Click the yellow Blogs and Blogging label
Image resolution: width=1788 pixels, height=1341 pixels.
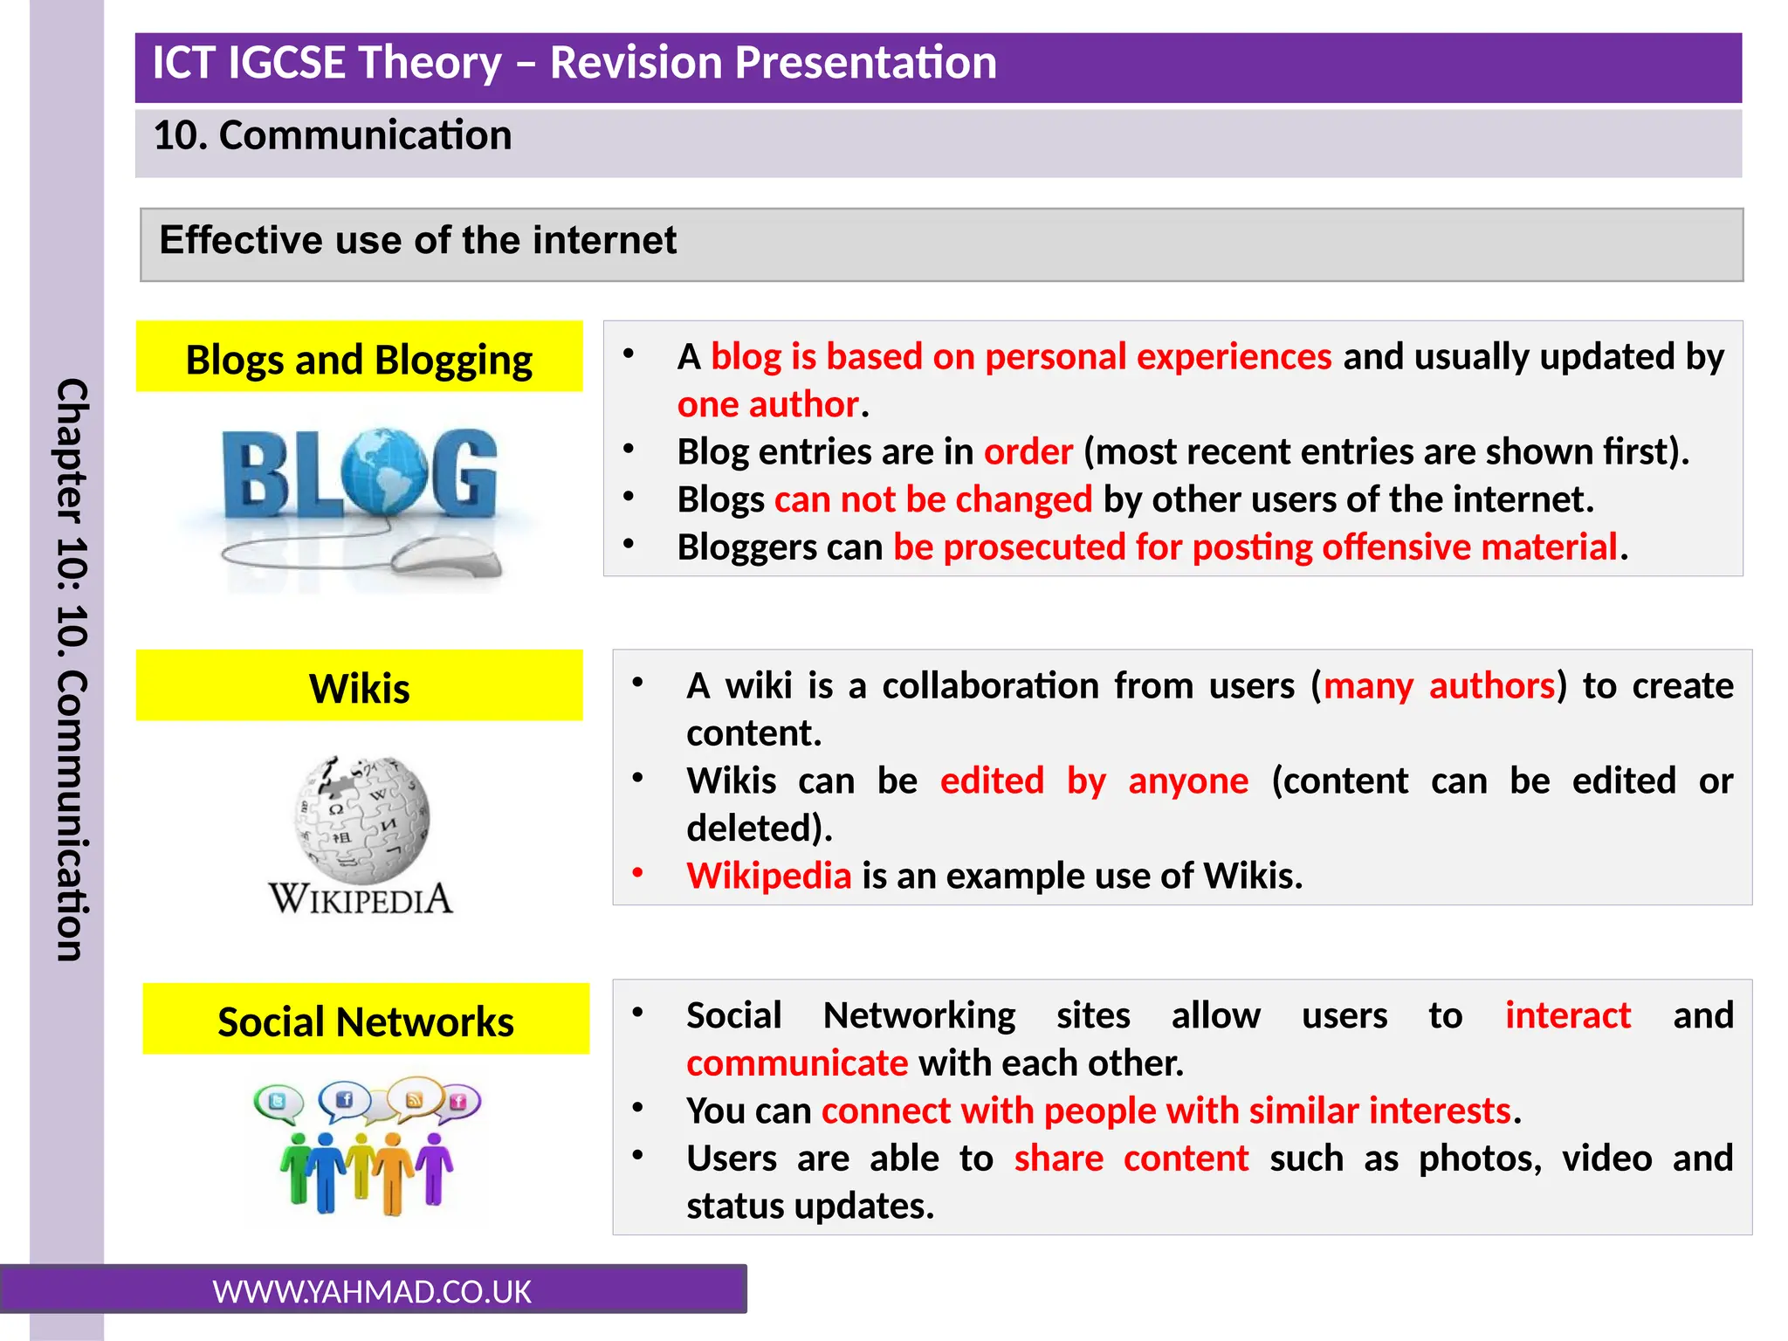pos(359,358)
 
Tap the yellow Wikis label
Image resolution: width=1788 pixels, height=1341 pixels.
pos(359,687)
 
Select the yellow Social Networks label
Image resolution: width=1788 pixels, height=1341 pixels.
pos(365,1020)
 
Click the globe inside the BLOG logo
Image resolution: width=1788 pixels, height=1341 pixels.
pos(384,472)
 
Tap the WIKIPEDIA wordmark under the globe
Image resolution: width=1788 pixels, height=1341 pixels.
pos(361,899)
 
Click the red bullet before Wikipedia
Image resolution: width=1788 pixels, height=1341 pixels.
pos(638,872)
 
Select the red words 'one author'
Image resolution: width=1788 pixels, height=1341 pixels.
pos(768,404)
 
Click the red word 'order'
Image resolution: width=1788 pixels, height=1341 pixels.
pos(1028,452)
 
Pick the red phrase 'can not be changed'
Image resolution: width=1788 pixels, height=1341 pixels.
pos(932,499)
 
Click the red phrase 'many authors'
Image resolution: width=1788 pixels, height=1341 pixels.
pos(1439,685)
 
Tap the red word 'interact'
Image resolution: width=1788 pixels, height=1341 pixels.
pos(1567,1015)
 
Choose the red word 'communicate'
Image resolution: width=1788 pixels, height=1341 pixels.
pos(797,1063)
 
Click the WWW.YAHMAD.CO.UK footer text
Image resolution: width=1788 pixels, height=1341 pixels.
pos(372,1291)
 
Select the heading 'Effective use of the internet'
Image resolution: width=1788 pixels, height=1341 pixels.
pos(417,240)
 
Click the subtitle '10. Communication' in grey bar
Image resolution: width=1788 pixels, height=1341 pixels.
pos(333,135)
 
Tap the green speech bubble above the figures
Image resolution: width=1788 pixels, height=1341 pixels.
pos(278,1102)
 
